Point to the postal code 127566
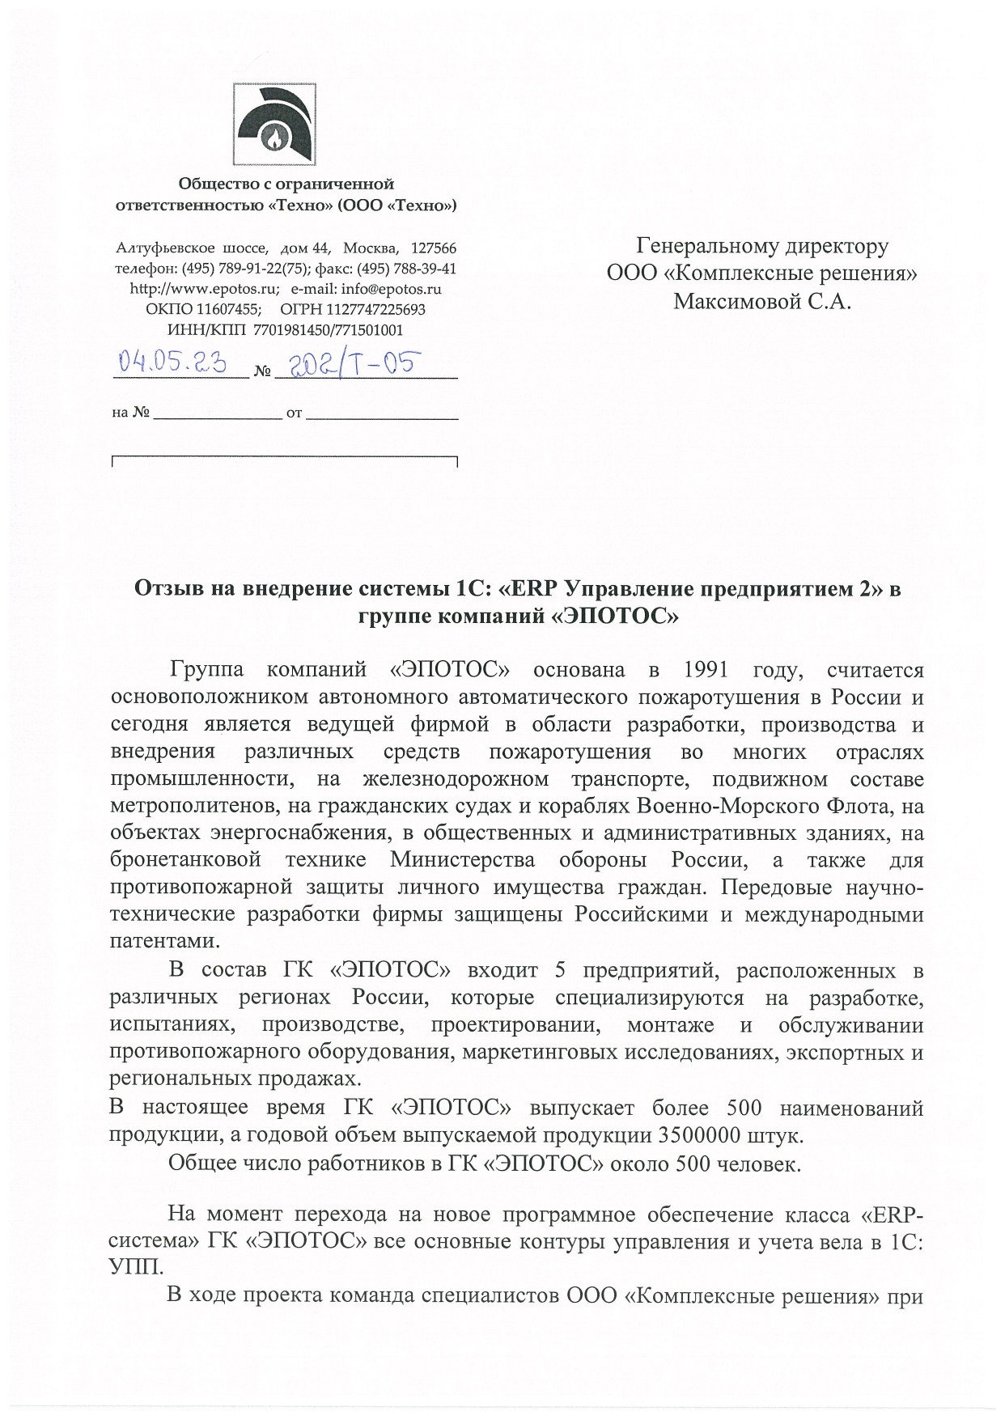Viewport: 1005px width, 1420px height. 435,248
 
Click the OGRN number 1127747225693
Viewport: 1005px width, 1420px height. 375,309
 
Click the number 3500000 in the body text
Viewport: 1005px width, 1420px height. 698,1135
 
